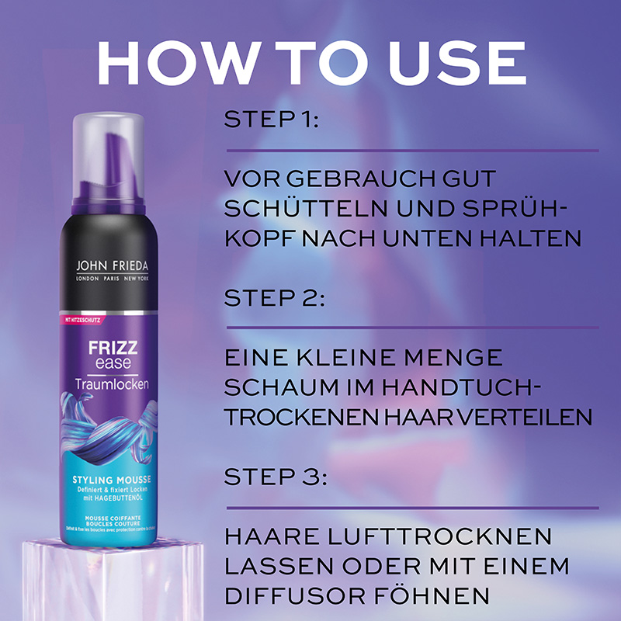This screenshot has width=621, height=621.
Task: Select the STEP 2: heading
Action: tap(273, 299)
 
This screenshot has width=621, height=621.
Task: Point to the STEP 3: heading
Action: tap(273, 476)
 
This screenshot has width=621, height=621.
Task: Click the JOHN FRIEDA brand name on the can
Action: tap(109, 265)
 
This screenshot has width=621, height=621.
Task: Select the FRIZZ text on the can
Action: tap(102, 345)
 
